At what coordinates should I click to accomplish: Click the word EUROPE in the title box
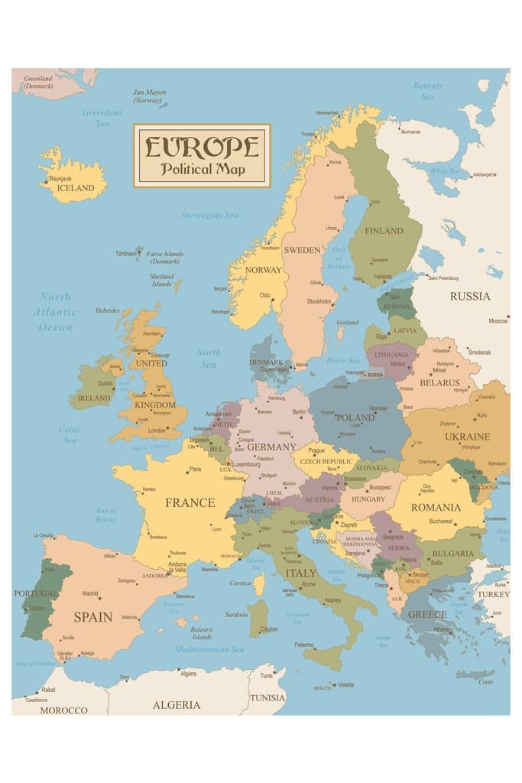click(x=202, y=146)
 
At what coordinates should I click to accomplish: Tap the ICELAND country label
click(x=76, y=188)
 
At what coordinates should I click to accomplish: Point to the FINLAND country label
click(x=384, y=231)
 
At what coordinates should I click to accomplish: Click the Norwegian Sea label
click(x=209, y=216)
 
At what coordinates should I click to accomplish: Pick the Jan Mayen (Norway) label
click(x=149, y=96)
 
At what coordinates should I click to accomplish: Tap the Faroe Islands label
click(x=164, y=257)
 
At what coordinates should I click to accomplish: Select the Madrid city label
click(x=90, y=593)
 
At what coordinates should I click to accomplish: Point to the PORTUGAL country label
click(x=35, y=593)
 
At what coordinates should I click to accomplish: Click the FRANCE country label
click(x=190, y=503)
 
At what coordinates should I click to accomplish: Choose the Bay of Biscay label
click(x=106, y=515)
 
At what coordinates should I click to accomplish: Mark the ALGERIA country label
click(x=177, y=704)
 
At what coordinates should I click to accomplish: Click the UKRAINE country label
click(x=462, y=437)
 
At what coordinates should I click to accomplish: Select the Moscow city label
click(x=498, y=321)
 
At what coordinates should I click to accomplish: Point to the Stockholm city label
click(x=319, y=301)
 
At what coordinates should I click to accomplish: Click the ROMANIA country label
click(x=436, y=507)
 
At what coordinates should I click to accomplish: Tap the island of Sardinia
click(x=258, y=618)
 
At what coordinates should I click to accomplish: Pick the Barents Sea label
click(x=427, y=91)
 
